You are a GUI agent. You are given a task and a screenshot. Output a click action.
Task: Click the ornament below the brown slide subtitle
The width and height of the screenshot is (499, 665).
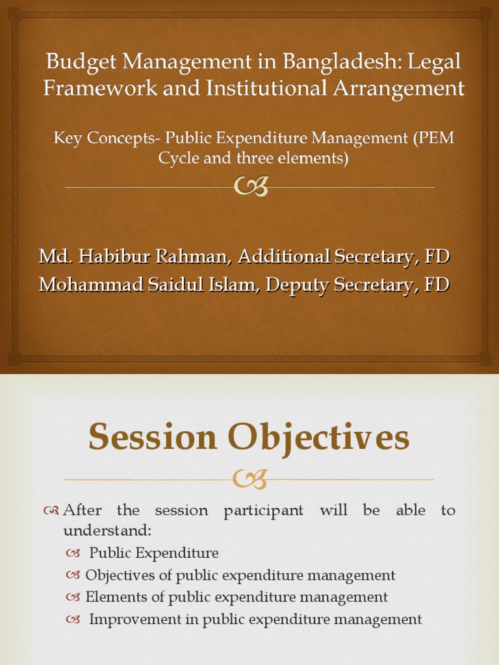[x=250, y=187]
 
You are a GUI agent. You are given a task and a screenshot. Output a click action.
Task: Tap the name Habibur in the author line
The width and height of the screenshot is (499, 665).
[x=112, y=257]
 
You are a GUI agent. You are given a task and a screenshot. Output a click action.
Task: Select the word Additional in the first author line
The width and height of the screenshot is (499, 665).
[x=285, y=257]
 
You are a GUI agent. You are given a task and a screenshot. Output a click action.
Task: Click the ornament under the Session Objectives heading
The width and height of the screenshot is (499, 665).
[x=249, y=480]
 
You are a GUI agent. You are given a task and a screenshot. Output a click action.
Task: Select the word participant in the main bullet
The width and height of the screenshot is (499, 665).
[x=263, y=510]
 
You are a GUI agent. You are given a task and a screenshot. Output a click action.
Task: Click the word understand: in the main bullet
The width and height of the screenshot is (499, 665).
[x=107, y=531]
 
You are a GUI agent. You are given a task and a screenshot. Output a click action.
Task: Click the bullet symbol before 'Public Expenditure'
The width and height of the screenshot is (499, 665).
[x=73, y=554]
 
